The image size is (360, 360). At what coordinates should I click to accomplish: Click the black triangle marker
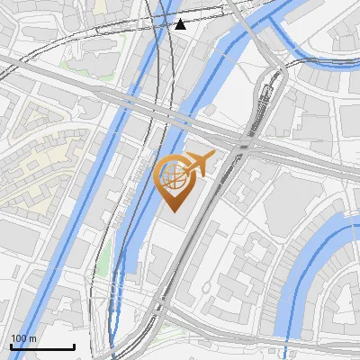(x=180, y=24)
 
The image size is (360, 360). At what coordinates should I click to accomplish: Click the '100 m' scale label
(x=24, y=338)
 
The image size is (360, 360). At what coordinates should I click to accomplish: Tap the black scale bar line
(x=42, y=346)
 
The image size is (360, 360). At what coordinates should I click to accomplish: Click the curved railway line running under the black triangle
(x=166, y=54)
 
